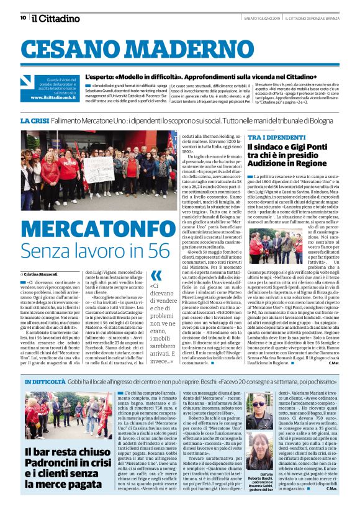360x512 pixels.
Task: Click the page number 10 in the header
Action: click(x=23, y=17)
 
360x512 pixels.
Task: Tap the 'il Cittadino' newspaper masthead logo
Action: click(x=52, y=17)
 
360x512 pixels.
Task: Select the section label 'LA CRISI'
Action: click(x=34, y=120)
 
